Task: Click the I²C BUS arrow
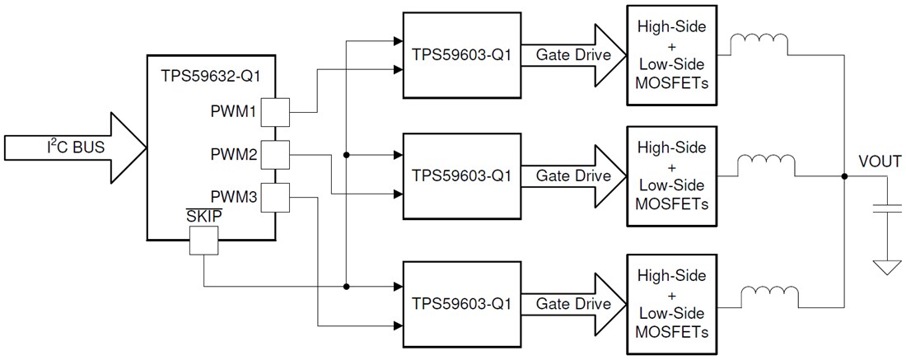tap(74, 149)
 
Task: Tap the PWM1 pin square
tap(274, 112)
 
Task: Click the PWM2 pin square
tap(274, 153)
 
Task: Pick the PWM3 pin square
tap(274, 196)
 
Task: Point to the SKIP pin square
tap(203, 241)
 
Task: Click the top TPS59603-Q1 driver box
tap(460, 54)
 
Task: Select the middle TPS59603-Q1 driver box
tap(460, 175)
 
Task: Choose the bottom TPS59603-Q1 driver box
tap(460, 302)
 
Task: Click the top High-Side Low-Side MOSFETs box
tap(672, 54)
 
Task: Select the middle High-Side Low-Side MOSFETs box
tap(672, 175)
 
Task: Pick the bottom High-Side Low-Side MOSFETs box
tap(672, 302)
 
